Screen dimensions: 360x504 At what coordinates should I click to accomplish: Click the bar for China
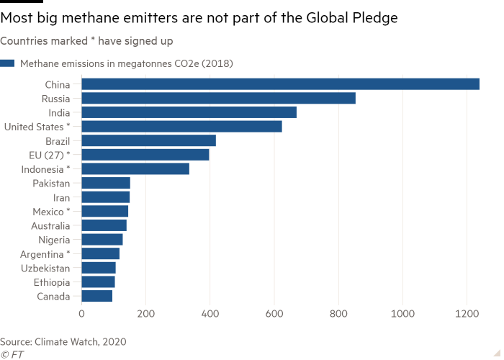[x=281, y=84]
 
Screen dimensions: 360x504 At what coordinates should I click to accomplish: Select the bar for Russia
[x=219, y=98]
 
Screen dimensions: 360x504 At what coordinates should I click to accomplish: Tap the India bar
[x=189, y=112]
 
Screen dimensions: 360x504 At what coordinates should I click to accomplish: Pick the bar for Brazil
[x=149, y=140]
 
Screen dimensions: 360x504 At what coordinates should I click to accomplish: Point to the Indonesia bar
[x=135, y=168]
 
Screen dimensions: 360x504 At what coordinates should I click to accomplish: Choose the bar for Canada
[x=97, y=296]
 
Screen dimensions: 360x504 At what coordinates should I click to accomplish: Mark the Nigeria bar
[x=102, y=239]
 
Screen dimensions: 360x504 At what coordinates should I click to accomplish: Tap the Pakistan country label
[x=51, y=183]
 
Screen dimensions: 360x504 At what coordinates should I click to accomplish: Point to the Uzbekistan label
[x=46, y=268]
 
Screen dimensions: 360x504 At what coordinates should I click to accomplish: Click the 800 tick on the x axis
[x=338, y=314]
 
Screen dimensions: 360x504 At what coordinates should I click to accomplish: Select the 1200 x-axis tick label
[x=467, y=314]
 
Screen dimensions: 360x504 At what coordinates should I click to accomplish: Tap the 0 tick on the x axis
[x=82, y=314]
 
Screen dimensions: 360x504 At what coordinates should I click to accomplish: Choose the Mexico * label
[x=51, y=211]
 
